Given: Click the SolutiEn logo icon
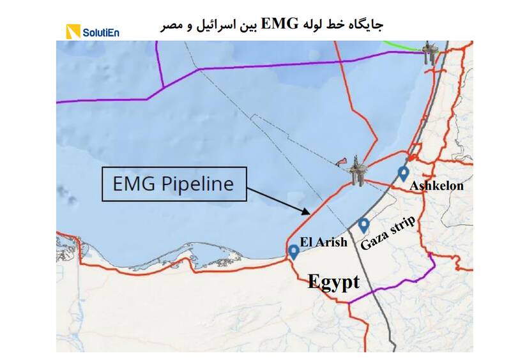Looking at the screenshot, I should coord(73,31).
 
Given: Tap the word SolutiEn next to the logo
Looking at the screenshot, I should coord(100,31).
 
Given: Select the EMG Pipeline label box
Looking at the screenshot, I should coord(173,184).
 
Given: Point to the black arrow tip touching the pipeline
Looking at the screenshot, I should coord(309,213).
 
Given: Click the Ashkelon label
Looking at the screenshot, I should coord(437,186).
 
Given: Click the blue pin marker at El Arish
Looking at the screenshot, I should coord(294,251).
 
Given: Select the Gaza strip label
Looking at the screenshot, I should coord(388,232).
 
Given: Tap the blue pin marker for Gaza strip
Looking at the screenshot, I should coord(363,225).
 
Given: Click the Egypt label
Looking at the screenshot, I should coord(333,281).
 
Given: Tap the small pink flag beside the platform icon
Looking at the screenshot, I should coord(342,160).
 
